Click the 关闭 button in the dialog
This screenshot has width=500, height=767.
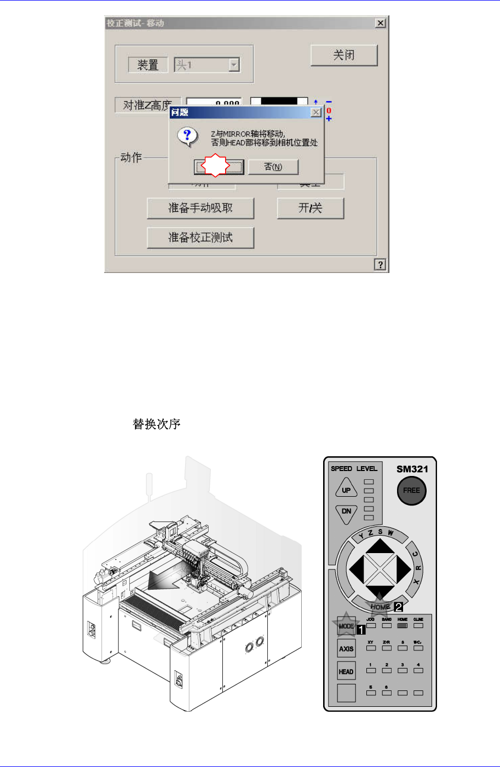click(344, 55)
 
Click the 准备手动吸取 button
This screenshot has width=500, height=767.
click(200, 208)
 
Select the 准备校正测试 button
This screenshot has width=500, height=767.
click(200, 237)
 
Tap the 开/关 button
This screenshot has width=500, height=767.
click(311, 208)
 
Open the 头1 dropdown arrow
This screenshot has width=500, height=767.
click(234, 65)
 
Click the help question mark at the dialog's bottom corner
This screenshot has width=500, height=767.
click(380, 265)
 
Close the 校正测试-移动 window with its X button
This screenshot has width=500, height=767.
click(381, 23)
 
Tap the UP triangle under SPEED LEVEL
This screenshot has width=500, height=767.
click(346, 489)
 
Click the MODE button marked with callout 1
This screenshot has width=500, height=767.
click(346, 626)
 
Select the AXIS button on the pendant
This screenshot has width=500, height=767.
click(346, 649)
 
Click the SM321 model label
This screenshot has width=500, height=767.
click(412, 469)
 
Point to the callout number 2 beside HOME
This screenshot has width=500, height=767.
click(399, 607)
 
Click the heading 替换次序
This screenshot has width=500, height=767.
click(157, 424)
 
